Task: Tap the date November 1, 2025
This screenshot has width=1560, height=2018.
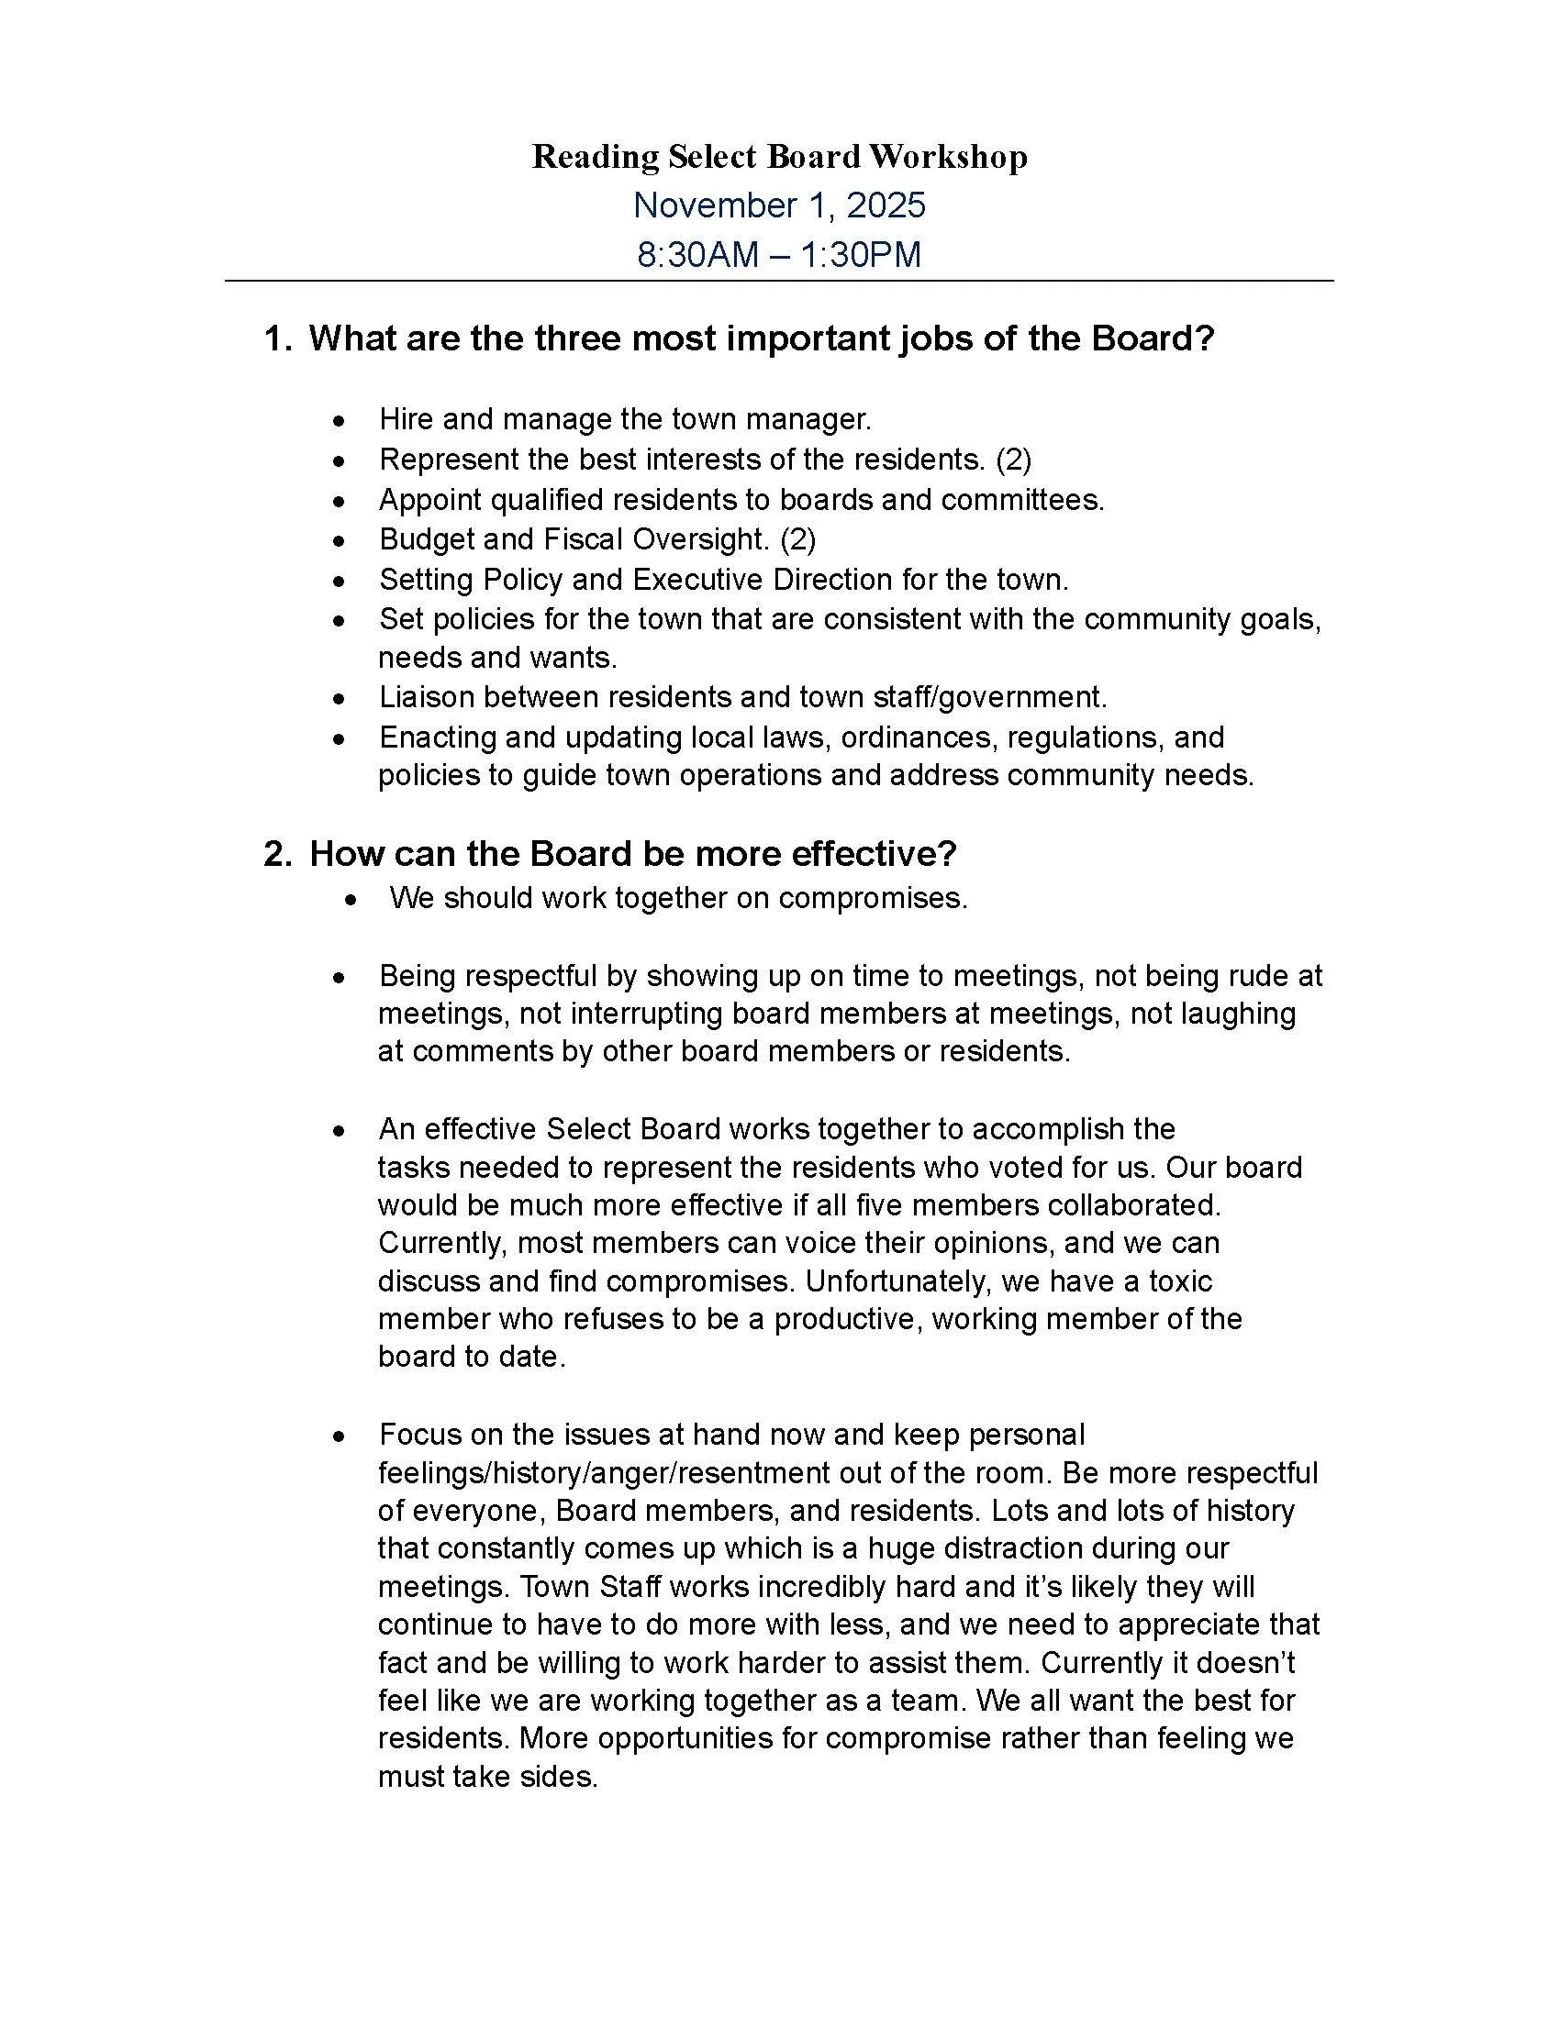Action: click(x=779, y=205)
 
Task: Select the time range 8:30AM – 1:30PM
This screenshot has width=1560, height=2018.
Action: click(x=779, y=254)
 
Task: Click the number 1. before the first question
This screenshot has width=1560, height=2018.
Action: click(x=277, y=339)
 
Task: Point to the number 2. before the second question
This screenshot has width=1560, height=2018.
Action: click(x=277, y=854)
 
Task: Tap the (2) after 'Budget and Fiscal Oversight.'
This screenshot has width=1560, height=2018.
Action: click(x=797, y=538)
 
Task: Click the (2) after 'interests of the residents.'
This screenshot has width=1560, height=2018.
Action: click(x=1013, y=460)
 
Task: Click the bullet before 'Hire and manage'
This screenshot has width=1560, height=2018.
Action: click(x=340, y=421)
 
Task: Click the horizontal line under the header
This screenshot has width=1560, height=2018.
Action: click(x=779, y=281)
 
